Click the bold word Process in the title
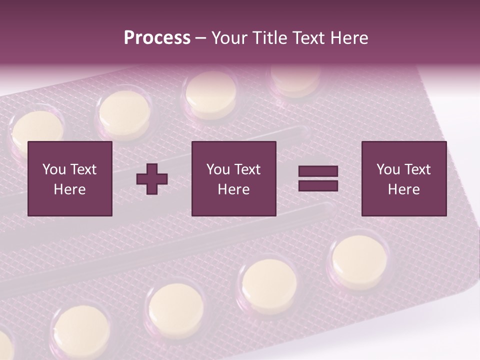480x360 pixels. (x=157, y=37)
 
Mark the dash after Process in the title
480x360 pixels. (x=201, y=38)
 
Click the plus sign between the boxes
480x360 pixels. (x=152, y=179)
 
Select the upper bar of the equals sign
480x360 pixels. (x=318, y=171)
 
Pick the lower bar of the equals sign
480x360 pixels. (x=318, y=186)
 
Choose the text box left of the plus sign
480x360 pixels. (x=70, y=178)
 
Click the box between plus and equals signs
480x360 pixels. (x=234, y=178)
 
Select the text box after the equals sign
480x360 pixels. (x=404, y=178)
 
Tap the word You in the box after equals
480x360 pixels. (x=388, y=169)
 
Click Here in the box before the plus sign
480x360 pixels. (x=70, y=189)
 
